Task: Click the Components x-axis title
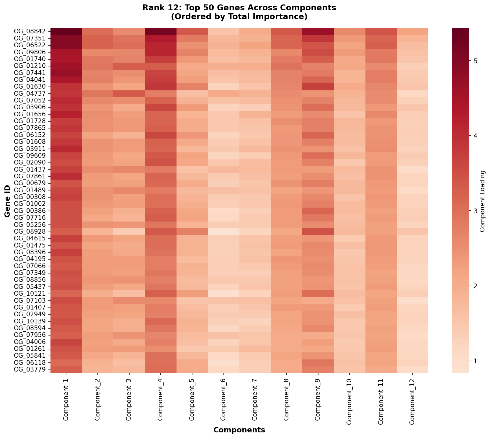pyautogui.click(x=239, y=430)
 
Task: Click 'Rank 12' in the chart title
pyautogui.click(x=156, y=8)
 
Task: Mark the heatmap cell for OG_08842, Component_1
pyautogui.click(x=66, y=31)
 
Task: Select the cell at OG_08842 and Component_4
pyautogui.click(x=161, y=31)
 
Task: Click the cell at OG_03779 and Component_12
pyautogui.click(x=413, y=369)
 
